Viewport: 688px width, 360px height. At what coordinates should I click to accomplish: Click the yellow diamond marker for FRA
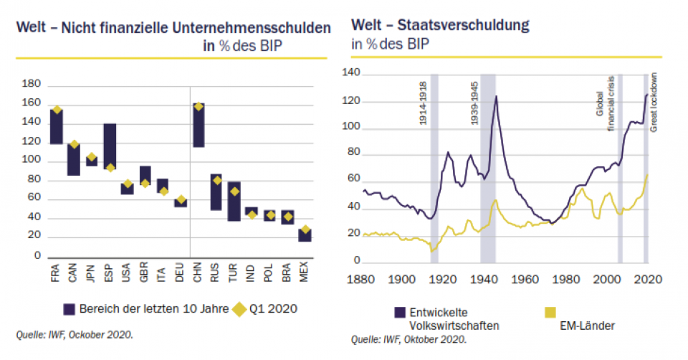click(57, 110)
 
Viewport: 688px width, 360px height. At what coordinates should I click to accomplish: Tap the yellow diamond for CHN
click(199, 107)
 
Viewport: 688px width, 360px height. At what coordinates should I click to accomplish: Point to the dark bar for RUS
click(216, 191)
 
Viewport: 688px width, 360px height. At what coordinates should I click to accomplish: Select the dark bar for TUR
click(234, 201)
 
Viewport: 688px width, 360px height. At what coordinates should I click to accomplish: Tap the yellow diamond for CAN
click(74, 145)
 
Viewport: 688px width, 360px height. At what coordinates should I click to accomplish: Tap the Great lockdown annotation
click(653, 101)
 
